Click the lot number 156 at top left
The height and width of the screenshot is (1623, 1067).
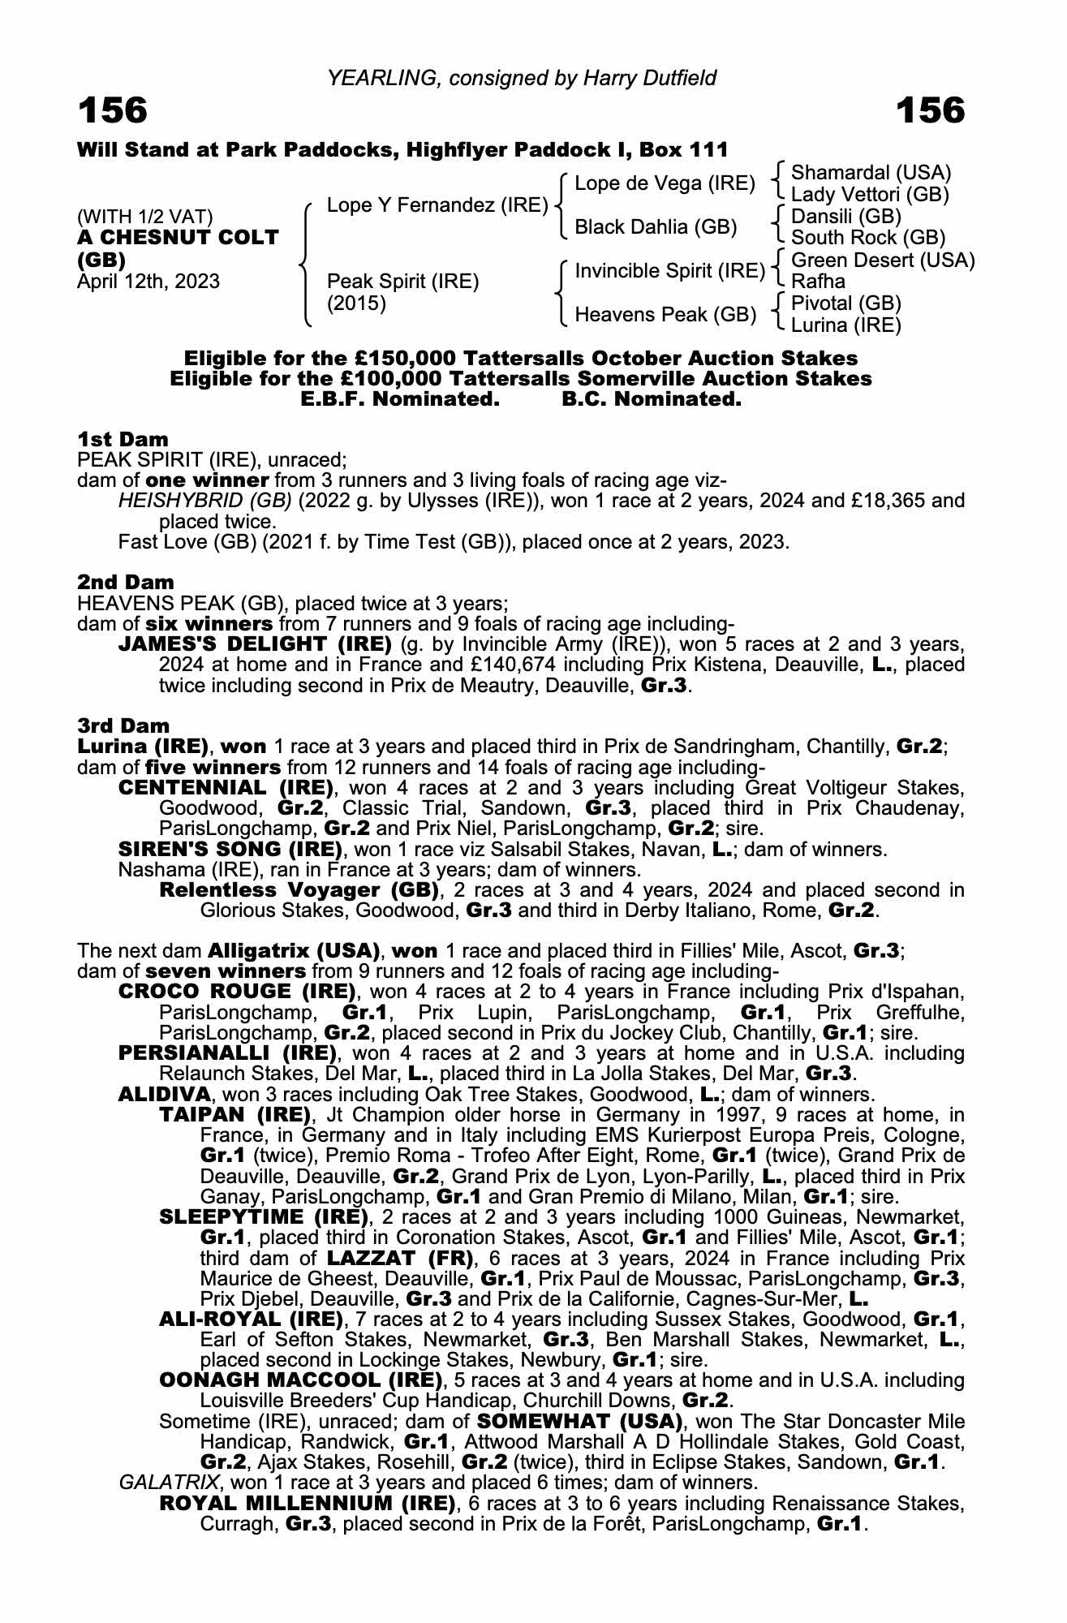(113, 111)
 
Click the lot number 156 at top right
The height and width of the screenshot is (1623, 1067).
(930, 111)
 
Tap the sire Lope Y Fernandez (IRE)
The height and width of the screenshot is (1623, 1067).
(437, 205)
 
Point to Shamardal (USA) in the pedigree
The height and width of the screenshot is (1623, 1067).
(871, 173)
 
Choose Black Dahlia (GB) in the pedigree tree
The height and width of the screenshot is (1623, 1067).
(655, 227)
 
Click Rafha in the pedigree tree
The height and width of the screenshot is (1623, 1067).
(818, 282)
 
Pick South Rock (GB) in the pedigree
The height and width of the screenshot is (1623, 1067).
(867, 238)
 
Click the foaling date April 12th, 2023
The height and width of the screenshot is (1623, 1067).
(148, 282)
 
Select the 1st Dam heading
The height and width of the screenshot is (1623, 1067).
(123, 440)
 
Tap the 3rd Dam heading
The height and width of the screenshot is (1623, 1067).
(123, 725)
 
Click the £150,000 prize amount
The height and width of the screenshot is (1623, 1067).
(402, 359)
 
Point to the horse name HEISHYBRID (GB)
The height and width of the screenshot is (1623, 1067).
(205, 501)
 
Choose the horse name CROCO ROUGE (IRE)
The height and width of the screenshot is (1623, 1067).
(238, 992)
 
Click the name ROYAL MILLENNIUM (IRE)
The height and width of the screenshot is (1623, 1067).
(308, 1504)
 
